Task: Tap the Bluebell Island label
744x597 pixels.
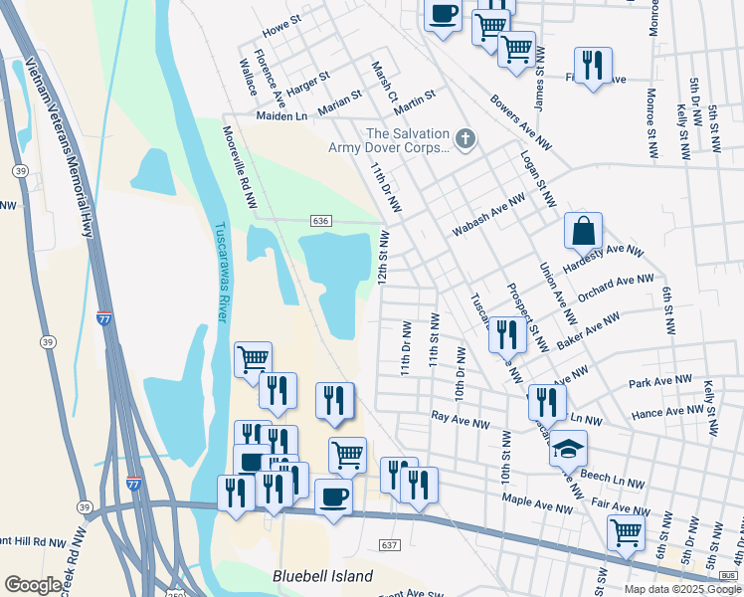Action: (x=323, y=576)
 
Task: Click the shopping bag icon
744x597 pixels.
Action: (x=583, y=231)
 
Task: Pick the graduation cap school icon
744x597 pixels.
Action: (x=568, y=450)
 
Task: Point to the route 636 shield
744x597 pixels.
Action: (x=320, y=220)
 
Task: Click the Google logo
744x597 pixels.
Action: (x=34, y=585)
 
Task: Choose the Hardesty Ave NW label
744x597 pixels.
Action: (x=604, y=260)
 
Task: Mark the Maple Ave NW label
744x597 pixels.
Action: (x=538, y=506)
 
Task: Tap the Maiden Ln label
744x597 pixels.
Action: (x=282, y=116)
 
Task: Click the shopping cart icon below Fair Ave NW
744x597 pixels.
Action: (x=626, y=531)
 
